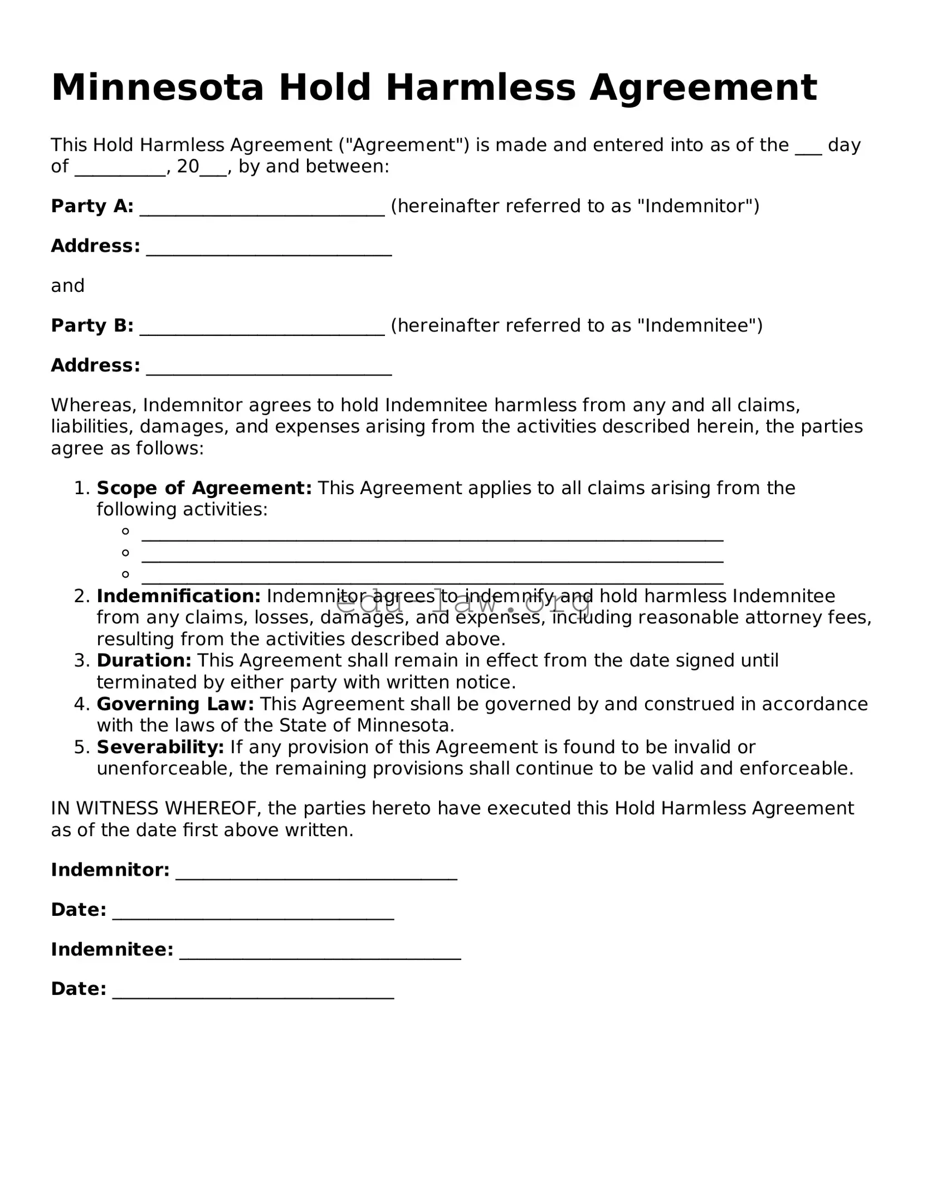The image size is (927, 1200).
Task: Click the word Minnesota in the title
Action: point(157,87)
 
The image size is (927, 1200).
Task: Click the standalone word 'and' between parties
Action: point(67,286)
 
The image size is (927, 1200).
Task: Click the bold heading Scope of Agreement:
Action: point(204,488)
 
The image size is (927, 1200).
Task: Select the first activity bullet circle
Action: point(126,531)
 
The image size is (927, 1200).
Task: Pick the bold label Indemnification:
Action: point(178,596)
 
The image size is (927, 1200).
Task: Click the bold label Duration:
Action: point(144,661)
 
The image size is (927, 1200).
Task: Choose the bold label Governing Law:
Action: point(175,704)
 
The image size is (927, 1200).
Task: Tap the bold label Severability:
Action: point(160,747)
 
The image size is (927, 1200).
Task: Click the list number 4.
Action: point(81,704)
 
